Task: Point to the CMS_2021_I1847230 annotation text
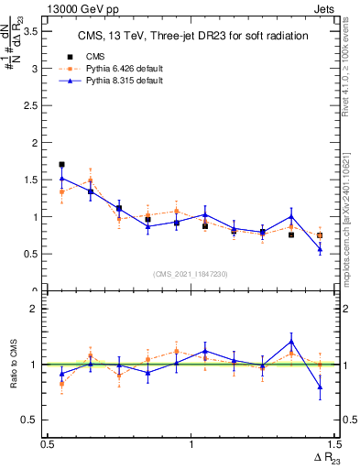(190, 274)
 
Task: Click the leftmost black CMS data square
(61, 165)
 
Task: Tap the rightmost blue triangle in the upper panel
(320, 249)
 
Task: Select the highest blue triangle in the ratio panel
(291, 342)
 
